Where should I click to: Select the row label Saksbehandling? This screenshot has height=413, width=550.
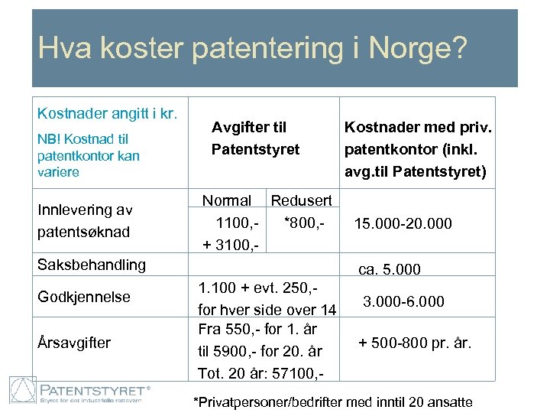pyautogui.click(x=92, y=265)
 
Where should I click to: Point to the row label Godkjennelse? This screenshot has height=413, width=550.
pyautogui.click(x=84, y=297)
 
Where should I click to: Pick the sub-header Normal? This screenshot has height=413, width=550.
pyautogui.click(x=226, y=200)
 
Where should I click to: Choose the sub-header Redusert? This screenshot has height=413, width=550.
pyautogui.click(x=302, y=200)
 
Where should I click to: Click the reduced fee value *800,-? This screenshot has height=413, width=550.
pyautogui.click(x=304, y=223)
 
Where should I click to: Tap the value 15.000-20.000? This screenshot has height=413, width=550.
pyautogui.click(x=403, y=224)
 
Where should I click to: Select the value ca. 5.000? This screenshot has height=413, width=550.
pyautogui.click(x=390, y=270)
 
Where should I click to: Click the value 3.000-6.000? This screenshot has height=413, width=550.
pyautogui.click(x=403, y=301)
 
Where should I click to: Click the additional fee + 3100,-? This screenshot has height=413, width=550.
pyautogui.click(x=230, y=245)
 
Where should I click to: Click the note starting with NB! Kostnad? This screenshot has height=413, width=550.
pyautogui.click(x=88, y=155)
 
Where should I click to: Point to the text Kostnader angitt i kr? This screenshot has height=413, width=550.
pyautogui.click(x=108, y=113)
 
